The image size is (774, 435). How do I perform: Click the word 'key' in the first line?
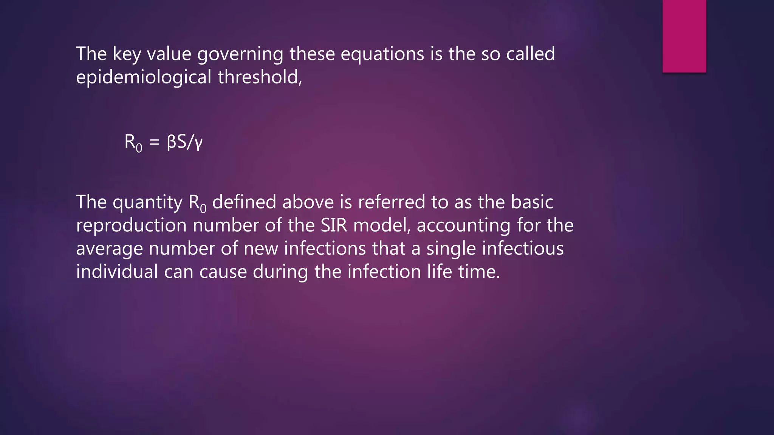(127, 54)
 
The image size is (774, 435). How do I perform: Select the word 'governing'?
(240, 54)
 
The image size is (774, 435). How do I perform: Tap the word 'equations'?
(382, 54)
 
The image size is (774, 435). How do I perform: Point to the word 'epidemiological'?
(144, 77)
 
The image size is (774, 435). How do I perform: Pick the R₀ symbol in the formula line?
(133, 143)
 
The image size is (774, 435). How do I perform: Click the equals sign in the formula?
(154, 143)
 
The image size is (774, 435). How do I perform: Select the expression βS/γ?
(184, 142)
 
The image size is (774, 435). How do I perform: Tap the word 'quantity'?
(148, 202)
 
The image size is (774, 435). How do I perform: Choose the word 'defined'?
(244, 202)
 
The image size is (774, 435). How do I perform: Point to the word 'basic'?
(532, 202)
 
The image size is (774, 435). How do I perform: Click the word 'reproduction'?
(132, 225)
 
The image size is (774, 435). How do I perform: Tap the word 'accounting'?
(464, 225)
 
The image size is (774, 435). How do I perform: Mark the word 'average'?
(110, 249)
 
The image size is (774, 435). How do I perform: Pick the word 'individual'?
(117, 271)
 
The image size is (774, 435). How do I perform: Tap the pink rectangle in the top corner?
(684, 36)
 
